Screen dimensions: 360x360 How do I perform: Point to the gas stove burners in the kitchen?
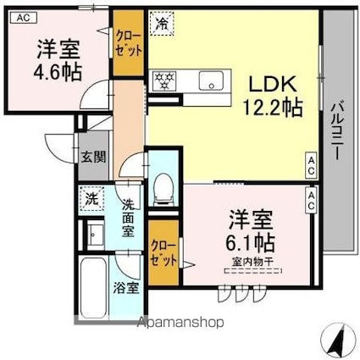coord(163,81)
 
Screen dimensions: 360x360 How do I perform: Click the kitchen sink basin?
coord(209,82)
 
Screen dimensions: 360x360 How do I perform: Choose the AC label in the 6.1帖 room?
coord(311,200)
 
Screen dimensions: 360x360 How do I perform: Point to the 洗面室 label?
coord(128,217)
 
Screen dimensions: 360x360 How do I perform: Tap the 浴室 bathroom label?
coord(127,286)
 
